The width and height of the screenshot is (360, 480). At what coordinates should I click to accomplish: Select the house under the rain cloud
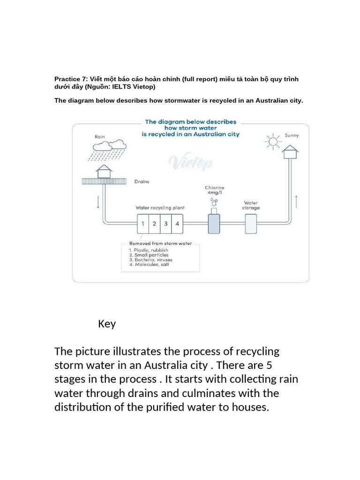pos(104,172)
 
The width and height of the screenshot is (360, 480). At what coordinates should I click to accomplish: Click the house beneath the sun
pos(291,151)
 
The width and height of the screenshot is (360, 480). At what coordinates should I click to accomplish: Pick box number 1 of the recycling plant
pos(142,224)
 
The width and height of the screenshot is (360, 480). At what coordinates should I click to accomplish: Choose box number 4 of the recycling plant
pos(177,224)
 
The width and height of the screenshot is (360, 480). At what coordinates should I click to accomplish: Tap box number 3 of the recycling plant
pos(165,224)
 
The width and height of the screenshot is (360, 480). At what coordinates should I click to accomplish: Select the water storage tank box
pos(251,223)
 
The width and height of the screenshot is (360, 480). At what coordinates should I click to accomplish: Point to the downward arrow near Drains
pos(98,202)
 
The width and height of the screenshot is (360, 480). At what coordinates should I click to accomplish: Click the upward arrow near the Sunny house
pos(296,202)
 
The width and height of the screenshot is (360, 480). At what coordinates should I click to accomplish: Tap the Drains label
pos(142,181)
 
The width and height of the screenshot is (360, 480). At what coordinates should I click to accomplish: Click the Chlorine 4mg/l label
pos(215,190)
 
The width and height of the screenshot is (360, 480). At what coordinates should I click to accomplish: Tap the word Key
pos(107,324)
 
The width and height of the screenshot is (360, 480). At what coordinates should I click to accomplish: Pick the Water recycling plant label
pos(160,207)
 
